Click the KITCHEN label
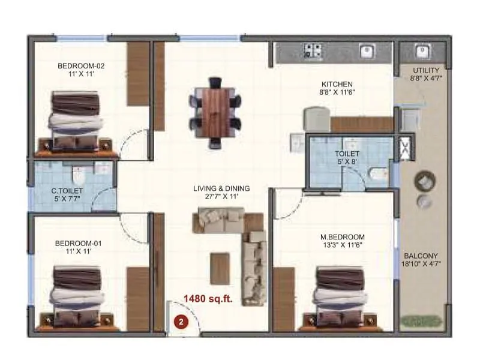(x=337, y=84)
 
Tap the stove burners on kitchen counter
(x=313, y=52)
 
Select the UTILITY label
(x=425, y=70)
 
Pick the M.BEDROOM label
(x=342, y=237)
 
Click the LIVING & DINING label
(x=221, y=188)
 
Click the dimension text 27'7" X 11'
(x=221, y=197)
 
